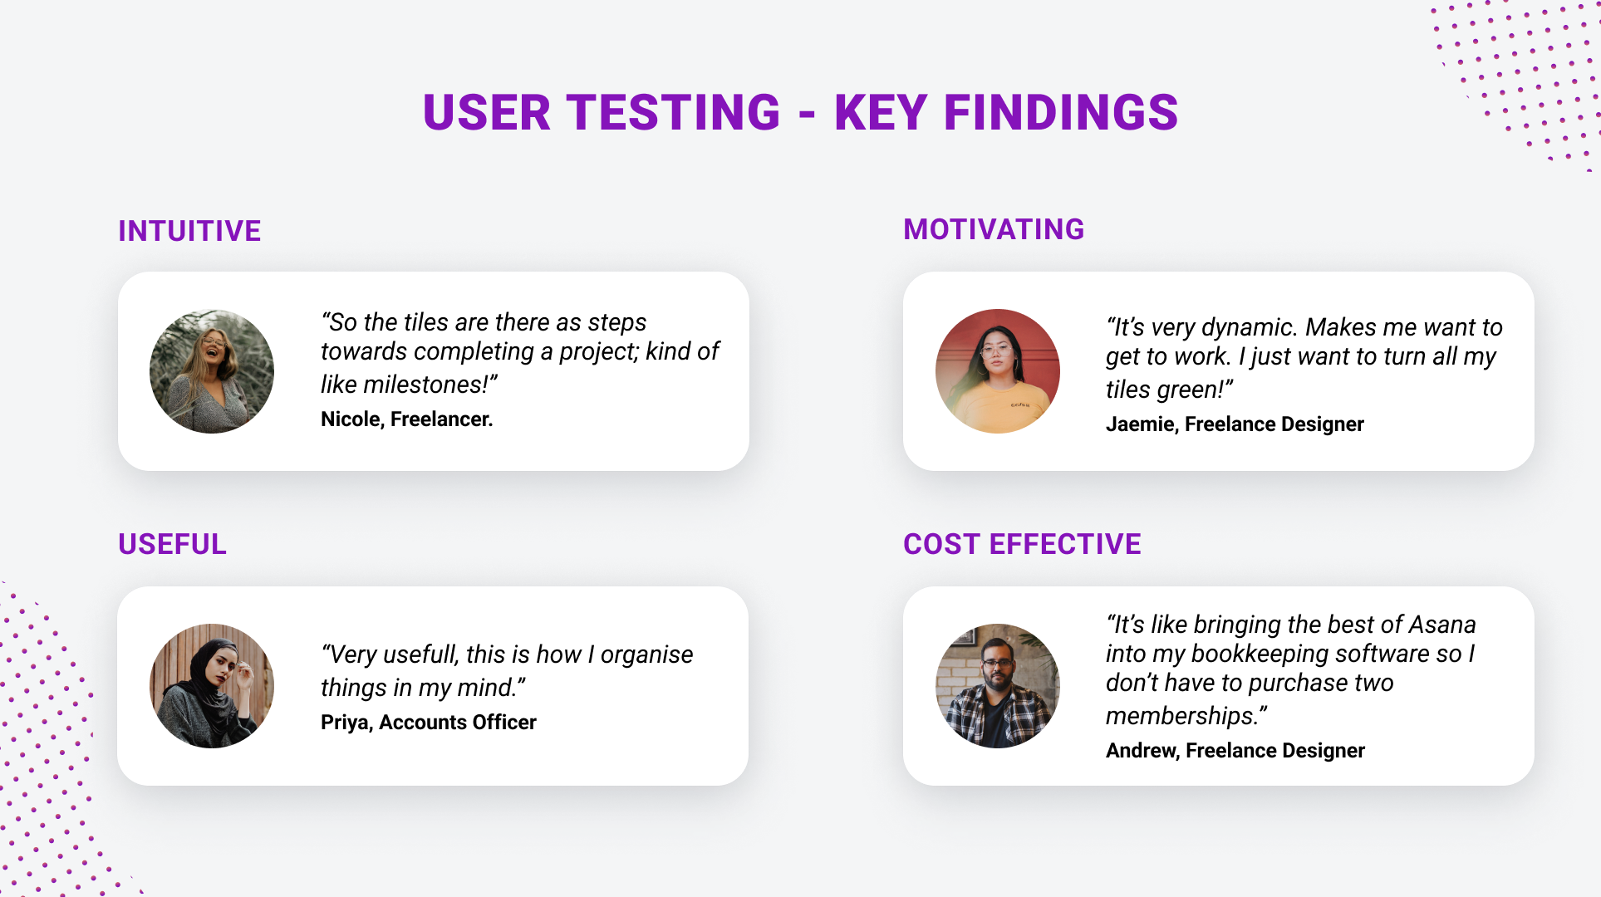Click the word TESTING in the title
pos(673,112)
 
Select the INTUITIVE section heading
pos(189,231)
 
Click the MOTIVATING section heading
pos(994,229)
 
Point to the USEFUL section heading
pos(172,544)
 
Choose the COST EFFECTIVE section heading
pos(1022,544)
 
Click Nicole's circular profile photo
pos(212,371)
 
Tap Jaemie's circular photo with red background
pos(998,371)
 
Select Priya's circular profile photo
pos(212,686)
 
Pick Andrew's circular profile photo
pos(998,686)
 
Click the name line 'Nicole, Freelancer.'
pos(406,419)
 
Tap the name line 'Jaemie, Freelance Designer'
pos(1235,424)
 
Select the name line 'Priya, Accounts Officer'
pos(429,723)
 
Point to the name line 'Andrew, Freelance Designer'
pos(1235,751)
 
